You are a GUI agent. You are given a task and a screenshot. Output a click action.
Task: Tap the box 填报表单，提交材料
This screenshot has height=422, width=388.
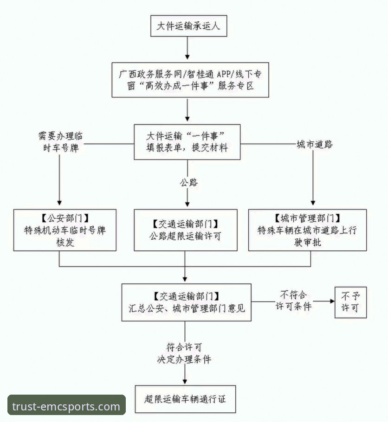pos(188,142)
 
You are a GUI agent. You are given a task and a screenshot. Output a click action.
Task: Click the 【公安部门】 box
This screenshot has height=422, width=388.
pos(65,230)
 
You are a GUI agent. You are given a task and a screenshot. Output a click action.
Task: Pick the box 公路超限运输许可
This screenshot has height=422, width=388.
pos(186,230)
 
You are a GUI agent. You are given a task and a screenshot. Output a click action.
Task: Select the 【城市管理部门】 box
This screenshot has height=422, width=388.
pos(307,230)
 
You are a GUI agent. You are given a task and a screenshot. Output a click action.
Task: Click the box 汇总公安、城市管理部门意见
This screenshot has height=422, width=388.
pos(186,301)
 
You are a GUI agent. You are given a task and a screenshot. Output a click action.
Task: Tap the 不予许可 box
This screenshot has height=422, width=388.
pos(351,302)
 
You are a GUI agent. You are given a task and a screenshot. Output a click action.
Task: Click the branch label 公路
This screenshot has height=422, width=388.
pos(188,182)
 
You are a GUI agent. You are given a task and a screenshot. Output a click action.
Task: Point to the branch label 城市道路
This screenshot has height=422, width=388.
pos(315,144)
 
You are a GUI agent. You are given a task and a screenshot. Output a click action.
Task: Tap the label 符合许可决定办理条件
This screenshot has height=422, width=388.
pos(184,352)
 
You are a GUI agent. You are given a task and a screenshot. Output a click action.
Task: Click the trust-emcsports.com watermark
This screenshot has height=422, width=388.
pos(66,407)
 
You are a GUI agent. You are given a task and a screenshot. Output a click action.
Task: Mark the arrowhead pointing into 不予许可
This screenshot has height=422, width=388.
pos(331,301)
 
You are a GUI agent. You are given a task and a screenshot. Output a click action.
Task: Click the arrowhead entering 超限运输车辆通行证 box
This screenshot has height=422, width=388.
pos(186,381)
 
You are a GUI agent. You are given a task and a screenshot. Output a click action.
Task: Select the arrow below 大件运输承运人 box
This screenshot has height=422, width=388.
pos(188,49)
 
